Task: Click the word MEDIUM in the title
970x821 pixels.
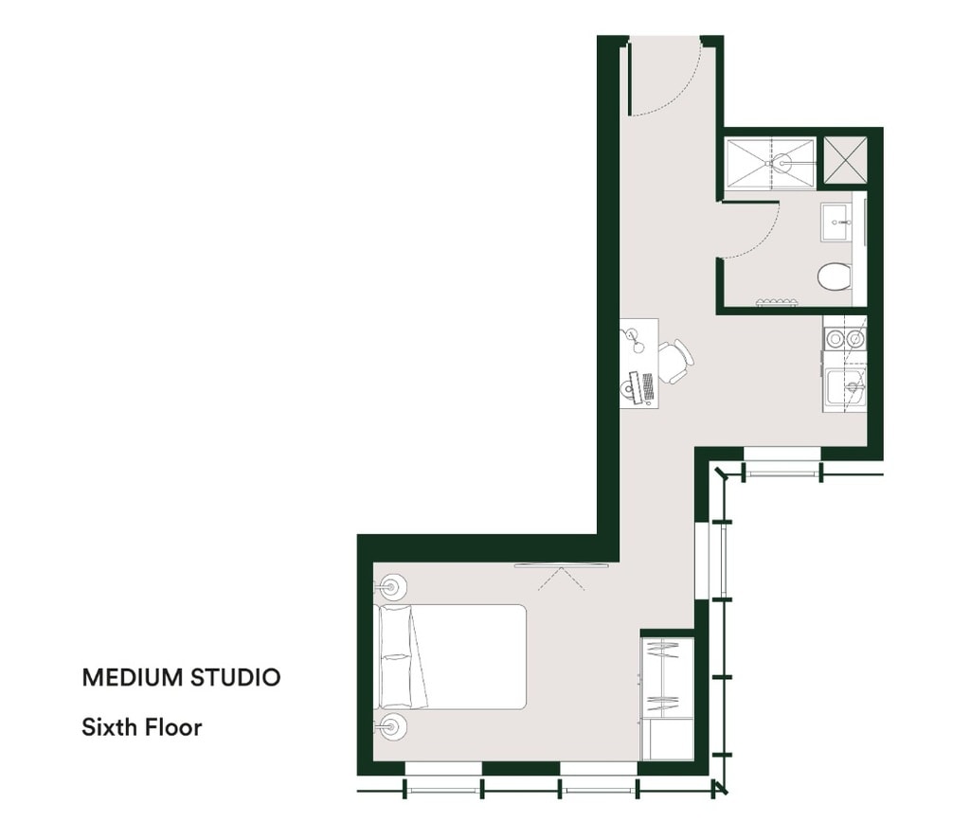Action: [133, 678]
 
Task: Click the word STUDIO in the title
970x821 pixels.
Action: [235, 678]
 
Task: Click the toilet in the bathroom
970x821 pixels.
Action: [835, 277]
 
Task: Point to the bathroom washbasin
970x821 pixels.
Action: [836, 222]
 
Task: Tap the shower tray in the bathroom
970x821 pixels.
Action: [770, 164]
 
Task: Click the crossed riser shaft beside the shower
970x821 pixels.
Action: [845, 159]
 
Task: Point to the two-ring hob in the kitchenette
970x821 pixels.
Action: [845, 338]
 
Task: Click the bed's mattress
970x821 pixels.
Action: [452, 656]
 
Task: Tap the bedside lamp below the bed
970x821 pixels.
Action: [391, 725]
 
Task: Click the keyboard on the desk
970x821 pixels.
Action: [648, 386]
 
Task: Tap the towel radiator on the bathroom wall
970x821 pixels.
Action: [777, 302]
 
